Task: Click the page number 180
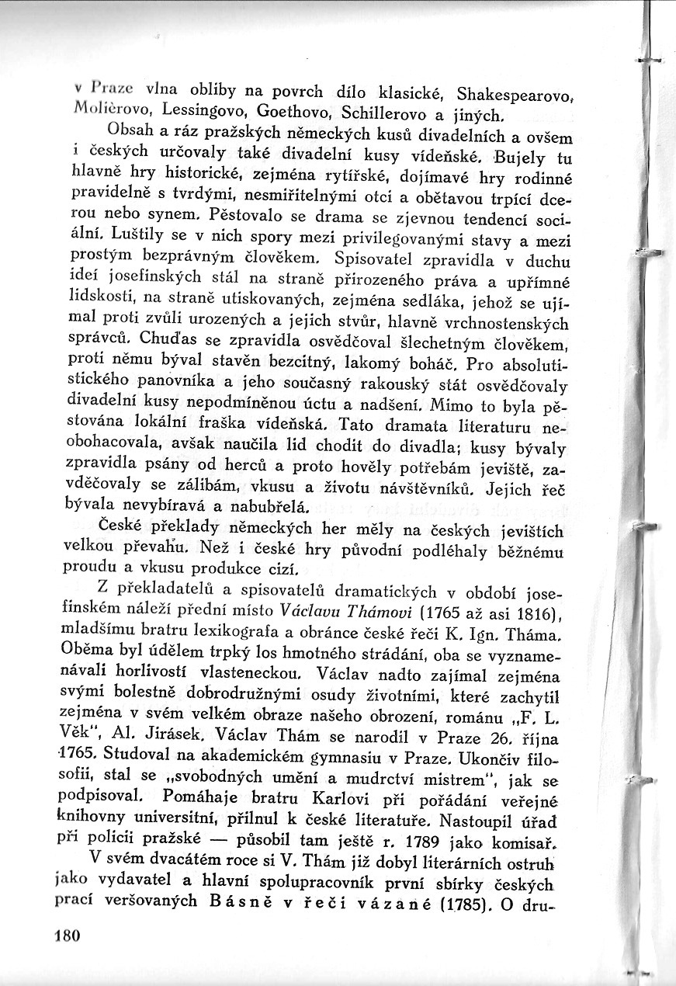point(68,936)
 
